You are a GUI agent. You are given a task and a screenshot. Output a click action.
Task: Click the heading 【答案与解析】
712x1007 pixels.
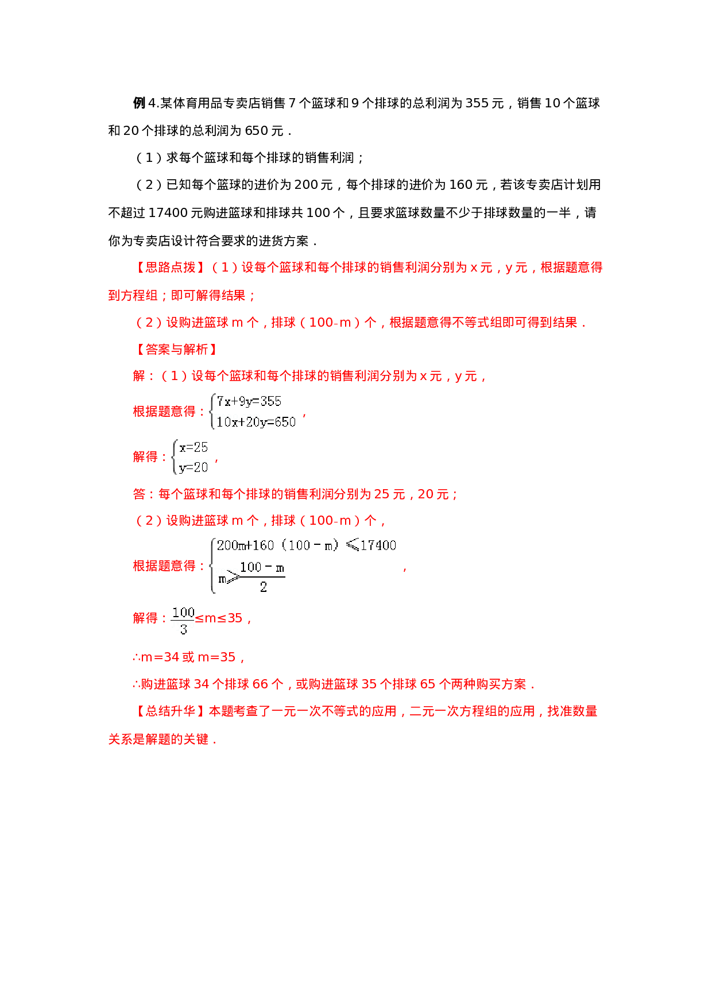coord(177,350)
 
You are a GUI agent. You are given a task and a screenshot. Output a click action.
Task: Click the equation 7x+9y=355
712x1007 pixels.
coord(249,402)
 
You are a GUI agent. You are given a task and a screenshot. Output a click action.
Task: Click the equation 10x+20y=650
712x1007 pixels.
coord(256,422)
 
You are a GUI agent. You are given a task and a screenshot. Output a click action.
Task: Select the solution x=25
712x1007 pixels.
coord(194,447)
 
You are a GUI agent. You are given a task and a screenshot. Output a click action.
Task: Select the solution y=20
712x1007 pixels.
coord(194,467)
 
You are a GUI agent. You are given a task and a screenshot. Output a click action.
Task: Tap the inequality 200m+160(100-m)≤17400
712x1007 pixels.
coord(306,545)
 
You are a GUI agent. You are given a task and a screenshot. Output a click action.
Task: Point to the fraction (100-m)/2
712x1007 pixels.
coord(262,576)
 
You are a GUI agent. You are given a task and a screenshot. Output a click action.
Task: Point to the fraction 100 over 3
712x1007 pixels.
coord(183,621)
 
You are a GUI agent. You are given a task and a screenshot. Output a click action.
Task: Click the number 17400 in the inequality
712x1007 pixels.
coord(378,545)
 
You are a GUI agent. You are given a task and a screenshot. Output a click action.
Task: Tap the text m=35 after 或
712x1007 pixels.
coord(216,657)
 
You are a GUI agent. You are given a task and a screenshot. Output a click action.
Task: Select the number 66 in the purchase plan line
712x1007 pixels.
coord(260,684)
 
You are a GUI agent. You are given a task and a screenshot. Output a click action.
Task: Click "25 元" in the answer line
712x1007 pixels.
coord(390,494)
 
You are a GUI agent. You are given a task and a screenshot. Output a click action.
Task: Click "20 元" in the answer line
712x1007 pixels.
coord(434,494)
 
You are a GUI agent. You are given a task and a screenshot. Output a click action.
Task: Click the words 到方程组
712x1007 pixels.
coord(133,296)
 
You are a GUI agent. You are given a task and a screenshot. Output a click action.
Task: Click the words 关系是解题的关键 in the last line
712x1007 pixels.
coord(158,739)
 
